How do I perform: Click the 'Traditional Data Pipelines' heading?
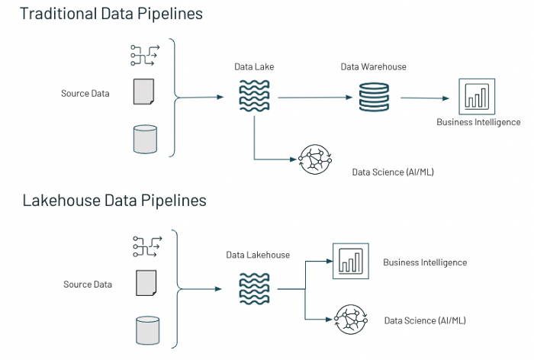[x=111, y=14]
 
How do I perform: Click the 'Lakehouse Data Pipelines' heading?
[x=114, y=201]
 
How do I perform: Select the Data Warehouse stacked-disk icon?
[x=374, y=97]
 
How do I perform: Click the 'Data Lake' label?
[x=254, y=68]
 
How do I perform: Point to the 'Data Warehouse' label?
[x=373, y=67]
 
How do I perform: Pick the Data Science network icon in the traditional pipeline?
[x=315, y=160]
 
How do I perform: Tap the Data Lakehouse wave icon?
[x=254, y=288]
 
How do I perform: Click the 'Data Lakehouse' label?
[x=258, y=255]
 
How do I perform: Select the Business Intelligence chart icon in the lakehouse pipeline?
[x=351, y=261]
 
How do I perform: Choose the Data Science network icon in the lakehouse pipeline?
[x=351, y=319]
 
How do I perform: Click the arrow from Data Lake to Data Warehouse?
[x=313, y=98]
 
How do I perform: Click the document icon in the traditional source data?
[x=143, y=92]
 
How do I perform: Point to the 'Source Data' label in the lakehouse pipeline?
[x=88, y=284]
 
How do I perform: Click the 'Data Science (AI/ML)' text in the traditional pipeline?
[x=393, y=172]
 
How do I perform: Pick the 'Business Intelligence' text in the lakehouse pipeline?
[x=425, y=262]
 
